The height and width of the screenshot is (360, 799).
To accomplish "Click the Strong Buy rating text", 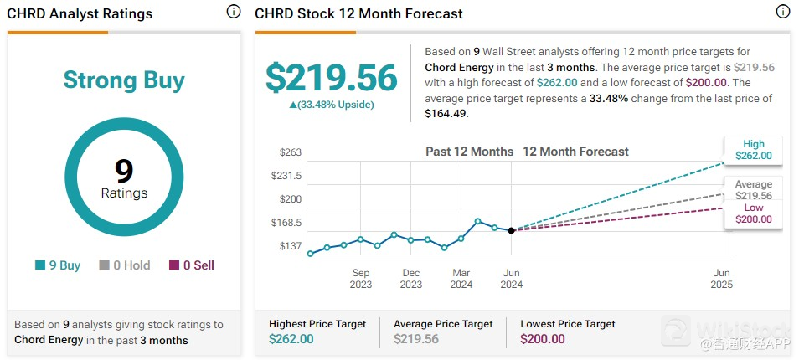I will coord(124,80).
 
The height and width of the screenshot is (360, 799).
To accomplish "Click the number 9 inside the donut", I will coord(124,171).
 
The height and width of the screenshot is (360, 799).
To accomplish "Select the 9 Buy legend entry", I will coord(58,265).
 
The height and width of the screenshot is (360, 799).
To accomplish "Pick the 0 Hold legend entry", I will coord(125,265).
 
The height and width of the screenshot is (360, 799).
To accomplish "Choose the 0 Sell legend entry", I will coord(192,265).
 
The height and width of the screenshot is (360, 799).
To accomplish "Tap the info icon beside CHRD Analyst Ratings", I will coord(234,12).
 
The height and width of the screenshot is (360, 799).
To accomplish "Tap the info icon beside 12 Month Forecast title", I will coord(782,12).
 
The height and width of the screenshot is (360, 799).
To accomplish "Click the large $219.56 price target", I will coord(332,78).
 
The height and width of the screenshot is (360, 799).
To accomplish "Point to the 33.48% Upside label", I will coord(332,105).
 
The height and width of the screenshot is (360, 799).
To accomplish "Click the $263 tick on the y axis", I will coord(291,152).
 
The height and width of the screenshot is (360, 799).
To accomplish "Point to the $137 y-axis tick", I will coord(291,246).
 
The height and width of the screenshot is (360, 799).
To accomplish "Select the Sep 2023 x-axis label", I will coord(361,279).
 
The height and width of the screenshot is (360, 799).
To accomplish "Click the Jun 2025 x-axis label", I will coord(722,279).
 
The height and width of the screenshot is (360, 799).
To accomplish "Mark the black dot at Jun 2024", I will coord(512,230).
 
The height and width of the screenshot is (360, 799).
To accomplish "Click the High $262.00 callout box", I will coord(753,150).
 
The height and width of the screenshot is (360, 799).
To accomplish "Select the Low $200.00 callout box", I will coord(753,213).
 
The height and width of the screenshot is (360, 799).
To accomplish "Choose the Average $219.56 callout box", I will coord(753,190).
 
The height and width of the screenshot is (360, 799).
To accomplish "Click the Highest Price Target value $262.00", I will coord(291,339).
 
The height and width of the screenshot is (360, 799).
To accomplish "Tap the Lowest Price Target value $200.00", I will coord(543,339).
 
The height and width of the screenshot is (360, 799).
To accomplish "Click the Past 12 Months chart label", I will coord(469,152).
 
